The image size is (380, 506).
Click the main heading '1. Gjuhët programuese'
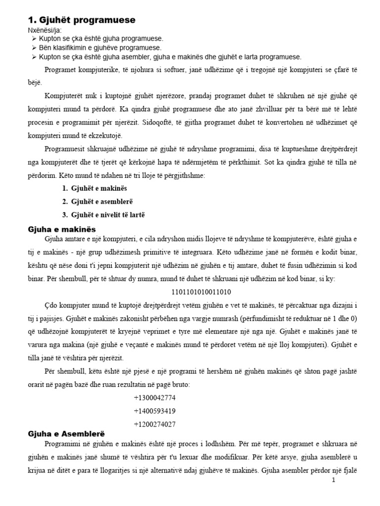tap(81, 20)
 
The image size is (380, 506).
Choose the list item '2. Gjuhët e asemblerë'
tap(98, 202)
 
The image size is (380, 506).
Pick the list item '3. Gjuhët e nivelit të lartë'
tap(104, 214)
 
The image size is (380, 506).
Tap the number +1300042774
tap(154, 398)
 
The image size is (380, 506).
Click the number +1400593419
tap(154, 411)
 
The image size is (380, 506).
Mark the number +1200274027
tap(154, 423)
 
